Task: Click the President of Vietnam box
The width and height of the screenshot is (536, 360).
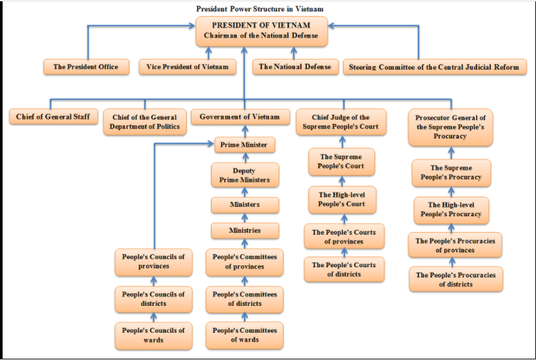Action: (x=260, y=31)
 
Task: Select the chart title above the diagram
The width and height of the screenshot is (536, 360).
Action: (x=260, y=8)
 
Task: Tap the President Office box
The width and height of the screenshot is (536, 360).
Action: (x=86, y=67)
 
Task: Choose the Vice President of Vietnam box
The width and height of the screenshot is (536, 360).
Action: (x=188, y=67)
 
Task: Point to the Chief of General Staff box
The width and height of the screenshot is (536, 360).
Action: (x=54, y=117)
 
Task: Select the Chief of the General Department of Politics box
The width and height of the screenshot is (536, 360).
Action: (x=144, y=122)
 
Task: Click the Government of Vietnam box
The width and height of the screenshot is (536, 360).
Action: (x=244, y=117)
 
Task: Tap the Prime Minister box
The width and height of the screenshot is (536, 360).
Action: (x=244, y=144)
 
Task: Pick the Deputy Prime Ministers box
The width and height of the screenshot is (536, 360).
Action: (x=244, y=174)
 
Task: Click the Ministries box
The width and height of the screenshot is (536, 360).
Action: (x=244, y=231)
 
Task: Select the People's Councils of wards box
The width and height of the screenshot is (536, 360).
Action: (x=153, y=335)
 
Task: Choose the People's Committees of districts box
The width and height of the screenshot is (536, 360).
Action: (x=244, y=299)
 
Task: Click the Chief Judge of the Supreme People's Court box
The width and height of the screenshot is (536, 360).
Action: (x=341, y=122)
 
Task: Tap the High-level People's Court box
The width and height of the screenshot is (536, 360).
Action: (x=343, y=199)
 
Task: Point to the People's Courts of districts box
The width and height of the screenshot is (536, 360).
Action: (x=344, y=269)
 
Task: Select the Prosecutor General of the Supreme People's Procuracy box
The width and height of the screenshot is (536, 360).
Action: (x=450, y=127)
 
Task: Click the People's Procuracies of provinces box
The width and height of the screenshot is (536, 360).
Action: (x=455, y=245)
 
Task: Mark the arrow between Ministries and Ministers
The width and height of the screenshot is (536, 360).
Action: (x=244, y=218)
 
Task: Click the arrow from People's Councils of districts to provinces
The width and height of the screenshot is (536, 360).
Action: (x=154, y=280)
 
